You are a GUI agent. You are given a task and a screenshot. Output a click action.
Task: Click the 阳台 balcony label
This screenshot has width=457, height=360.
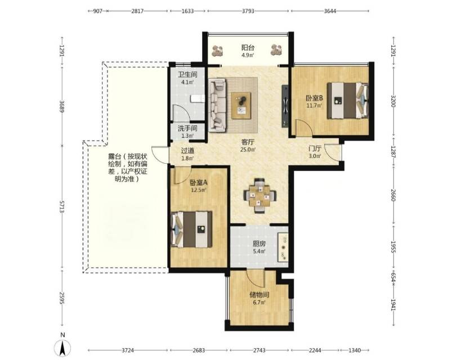click(x=248, y=47)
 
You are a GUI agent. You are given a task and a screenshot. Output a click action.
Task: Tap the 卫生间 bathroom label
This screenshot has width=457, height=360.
click(x=188, y=74)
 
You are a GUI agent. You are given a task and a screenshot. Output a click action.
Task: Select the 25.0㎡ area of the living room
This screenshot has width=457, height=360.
click(x=248, y=150)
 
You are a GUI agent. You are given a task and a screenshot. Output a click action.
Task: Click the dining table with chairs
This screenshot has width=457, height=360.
click(x=259, y=195)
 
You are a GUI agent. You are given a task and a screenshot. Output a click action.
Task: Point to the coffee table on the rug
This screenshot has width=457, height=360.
click(x=241, y=105)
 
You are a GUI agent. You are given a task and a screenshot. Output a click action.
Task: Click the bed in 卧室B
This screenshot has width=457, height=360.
click(x=347, y=101)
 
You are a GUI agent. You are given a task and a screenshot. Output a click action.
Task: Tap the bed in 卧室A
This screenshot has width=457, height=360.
click(x=192, y=229)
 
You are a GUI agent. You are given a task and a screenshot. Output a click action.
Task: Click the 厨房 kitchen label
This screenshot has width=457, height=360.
click(x=259, y=244)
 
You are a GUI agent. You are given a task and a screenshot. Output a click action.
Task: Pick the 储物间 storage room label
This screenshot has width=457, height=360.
click(x=259, y=295)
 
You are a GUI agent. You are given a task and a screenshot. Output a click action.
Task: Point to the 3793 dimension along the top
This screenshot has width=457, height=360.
click(x=248, y=11)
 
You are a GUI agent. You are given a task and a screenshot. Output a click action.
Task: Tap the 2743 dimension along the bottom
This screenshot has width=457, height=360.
click(x=259, y=350)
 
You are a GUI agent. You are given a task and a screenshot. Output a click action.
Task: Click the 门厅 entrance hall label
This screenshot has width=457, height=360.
click(x=315, y=148)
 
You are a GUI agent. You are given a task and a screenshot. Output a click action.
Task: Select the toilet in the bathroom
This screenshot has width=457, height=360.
click(x=198, y=99)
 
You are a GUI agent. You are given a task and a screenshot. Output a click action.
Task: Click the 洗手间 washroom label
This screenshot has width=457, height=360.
click(x=188, y=128)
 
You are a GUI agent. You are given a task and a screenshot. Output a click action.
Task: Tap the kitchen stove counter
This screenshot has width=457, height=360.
click(x=283, y=247)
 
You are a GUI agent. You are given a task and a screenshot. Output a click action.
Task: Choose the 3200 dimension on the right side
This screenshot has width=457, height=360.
click(x=393, y=101)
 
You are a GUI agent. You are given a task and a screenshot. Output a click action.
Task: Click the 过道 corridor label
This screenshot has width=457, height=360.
click(x=187, y=151)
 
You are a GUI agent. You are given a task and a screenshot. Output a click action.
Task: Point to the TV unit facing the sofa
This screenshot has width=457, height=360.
click(x=285, y=106)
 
